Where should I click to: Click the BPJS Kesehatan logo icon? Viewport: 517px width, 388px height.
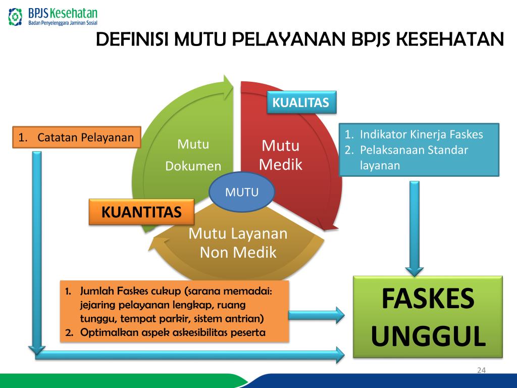[x=16, y=16]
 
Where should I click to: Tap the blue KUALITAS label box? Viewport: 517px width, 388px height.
[x=301, y=103]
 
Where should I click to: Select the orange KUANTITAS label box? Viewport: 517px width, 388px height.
[x=141, y=212]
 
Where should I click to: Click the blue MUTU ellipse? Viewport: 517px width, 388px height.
[x=242, y=192]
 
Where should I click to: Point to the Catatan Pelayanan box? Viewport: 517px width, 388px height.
[x=76, y=137]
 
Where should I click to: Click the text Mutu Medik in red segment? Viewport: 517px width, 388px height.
[x=280, y=155]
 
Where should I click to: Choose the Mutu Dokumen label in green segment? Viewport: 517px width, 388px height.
[x=193, y=155]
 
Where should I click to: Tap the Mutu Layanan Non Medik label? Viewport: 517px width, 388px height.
[x=238, y=243]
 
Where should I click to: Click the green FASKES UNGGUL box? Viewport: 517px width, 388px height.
[x=428, y=317]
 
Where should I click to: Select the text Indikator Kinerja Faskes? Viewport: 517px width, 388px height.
[x=421, y=134]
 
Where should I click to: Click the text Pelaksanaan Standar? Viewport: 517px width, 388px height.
[x=414, y=150]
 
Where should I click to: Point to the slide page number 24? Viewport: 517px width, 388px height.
[x=481, y=371]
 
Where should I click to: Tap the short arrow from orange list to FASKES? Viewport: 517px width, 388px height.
[x=316, y=316]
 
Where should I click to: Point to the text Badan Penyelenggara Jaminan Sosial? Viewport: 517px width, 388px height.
[x=63, y=23]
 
